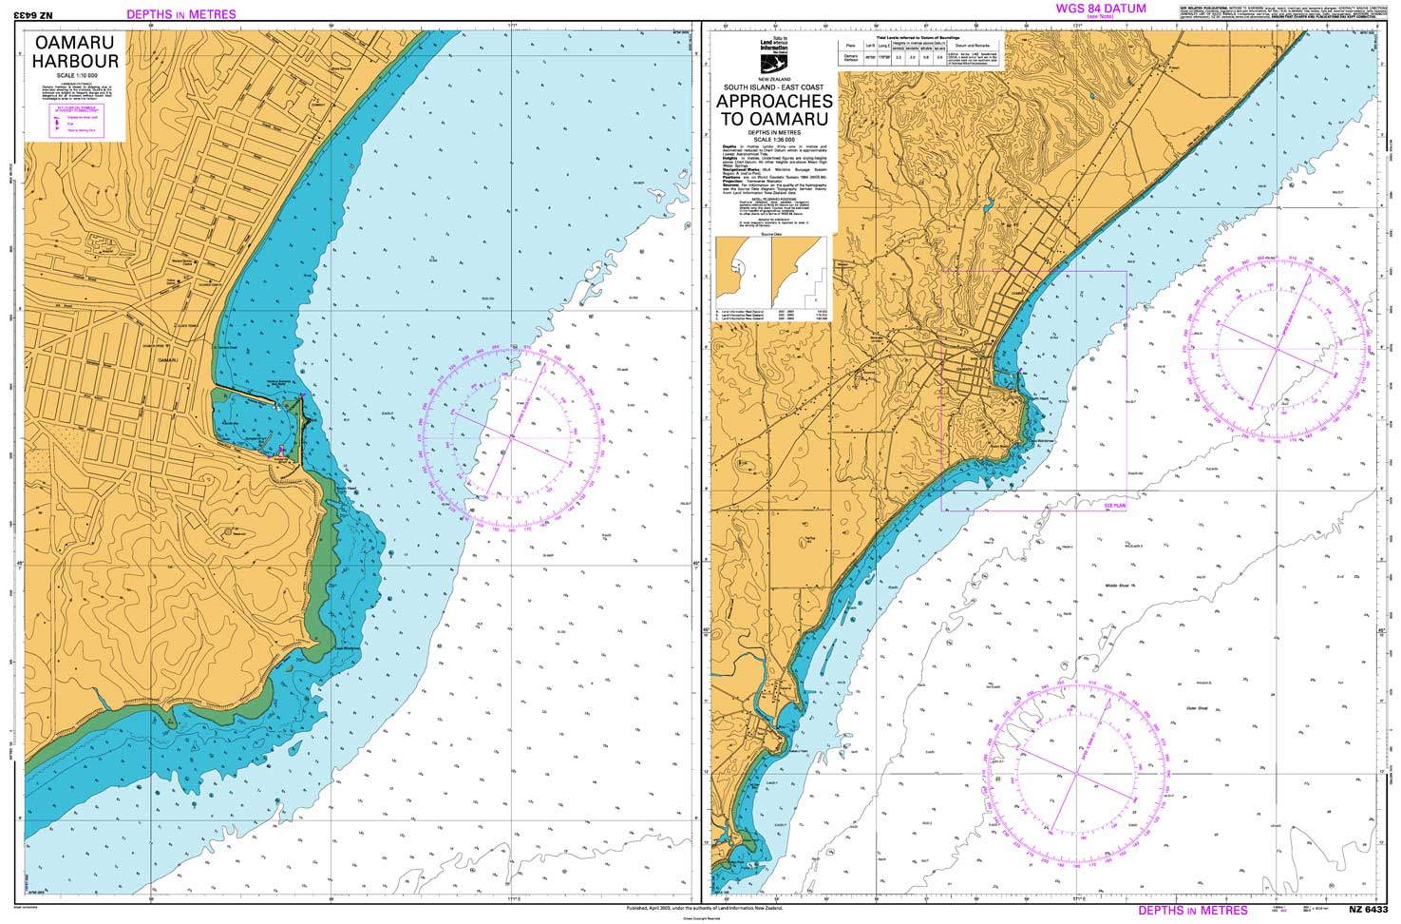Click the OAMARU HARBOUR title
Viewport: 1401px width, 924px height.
(x=75, y=52)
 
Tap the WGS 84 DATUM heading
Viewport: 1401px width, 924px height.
(x=1101, y=9)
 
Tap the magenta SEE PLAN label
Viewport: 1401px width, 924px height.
(x=1114, y=507)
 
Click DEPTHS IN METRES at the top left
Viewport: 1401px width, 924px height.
(x=180, y=14)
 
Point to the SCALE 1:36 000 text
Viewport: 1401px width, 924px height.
(x=773, y=139)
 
